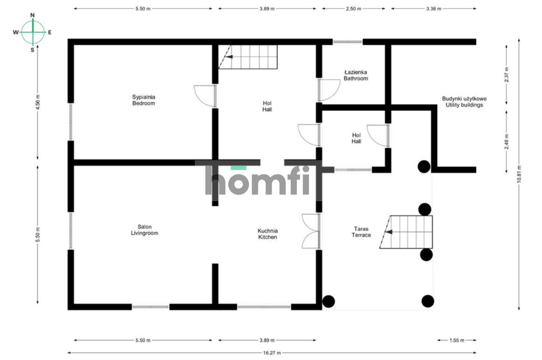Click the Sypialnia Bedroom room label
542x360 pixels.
[144, 100]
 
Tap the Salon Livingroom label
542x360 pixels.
[144, 230]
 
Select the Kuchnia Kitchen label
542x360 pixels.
[268, 234]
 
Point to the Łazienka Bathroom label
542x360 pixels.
[356, 75]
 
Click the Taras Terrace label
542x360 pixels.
[361, 232]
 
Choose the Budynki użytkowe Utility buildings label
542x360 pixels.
[464, 102]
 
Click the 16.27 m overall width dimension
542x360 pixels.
[272, 353]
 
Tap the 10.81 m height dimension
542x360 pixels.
[519, 174]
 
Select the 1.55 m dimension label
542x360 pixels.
[457, 340]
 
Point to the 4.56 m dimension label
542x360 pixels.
[38, 102]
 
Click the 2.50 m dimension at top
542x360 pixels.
[353, 9]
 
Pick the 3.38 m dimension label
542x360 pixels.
[433, 9]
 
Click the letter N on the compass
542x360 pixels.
[33, 15]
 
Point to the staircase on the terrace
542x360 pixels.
[406, 232]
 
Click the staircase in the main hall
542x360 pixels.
[248, 57]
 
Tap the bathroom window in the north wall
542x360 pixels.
[347, 42]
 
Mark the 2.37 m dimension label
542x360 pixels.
[507, 75]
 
